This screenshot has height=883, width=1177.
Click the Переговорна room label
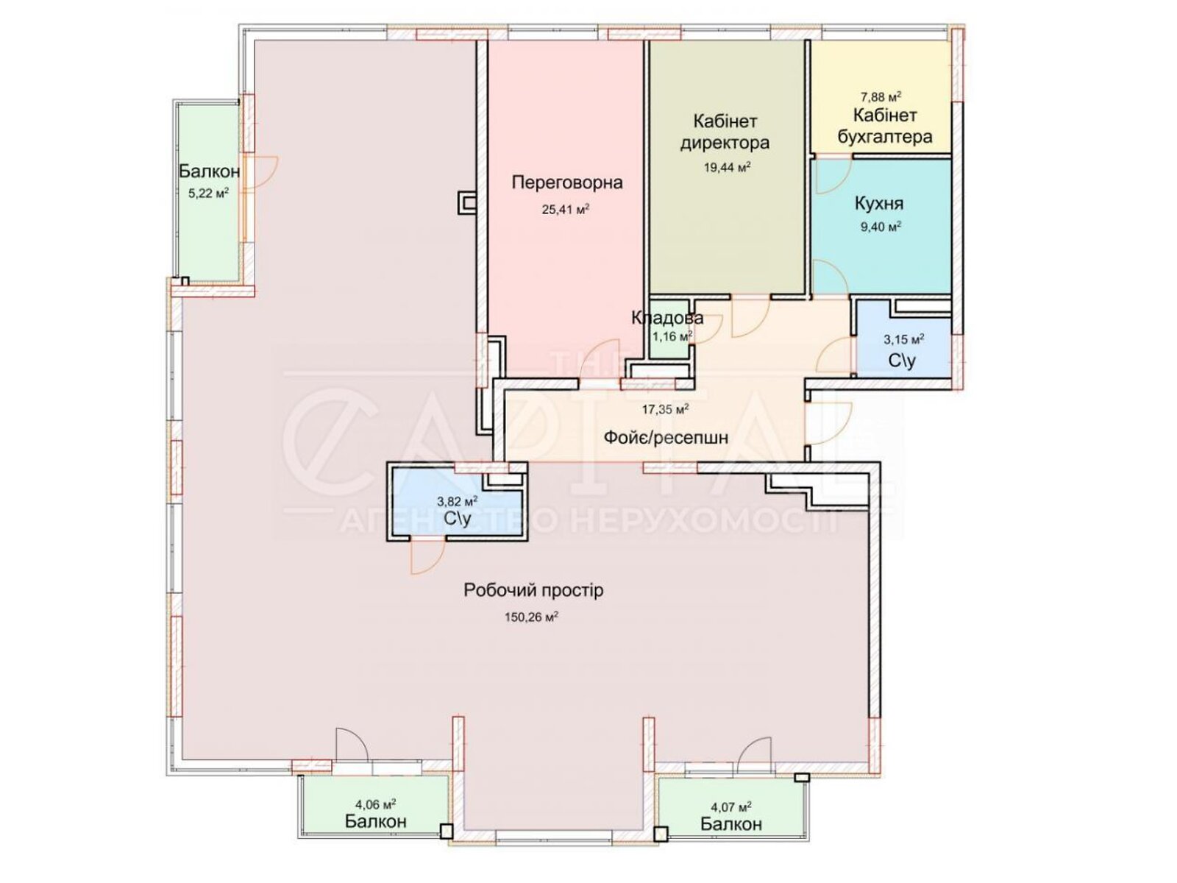[x=566, y=182]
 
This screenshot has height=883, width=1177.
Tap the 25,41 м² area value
[x=565, y=209]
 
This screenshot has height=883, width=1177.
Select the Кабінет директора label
[x=725, y=132]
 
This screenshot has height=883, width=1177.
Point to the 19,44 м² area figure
[x=727, y=168]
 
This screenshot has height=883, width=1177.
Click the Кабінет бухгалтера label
[x=885, y=126]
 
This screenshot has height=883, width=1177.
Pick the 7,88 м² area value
[x=881, y=97]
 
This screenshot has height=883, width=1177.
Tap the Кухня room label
[x=879, y=204]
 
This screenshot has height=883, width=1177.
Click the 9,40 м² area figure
[x=881, y=227]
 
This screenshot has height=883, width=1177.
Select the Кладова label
[x=667, y=318]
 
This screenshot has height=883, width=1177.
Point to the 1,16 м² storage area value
[x=672, y=337]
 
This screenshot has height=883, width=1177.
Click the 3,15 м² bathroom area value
[x=903, y=338]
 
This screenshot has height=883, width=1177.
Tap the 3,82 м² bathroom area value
[x=458, y=502]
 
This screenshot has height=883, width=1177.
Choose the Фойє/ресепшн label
[x=666, y=438]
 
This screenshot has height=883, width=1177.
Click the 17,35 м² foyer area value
[x=666, y=410]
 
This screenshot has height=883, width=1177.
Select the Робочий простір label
[x=533, y=590]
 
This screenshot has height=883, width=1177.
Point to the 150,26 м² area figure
[x=531, y=617]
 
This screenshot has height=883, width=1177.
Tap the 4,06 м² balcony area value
[x=375, y=804]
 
